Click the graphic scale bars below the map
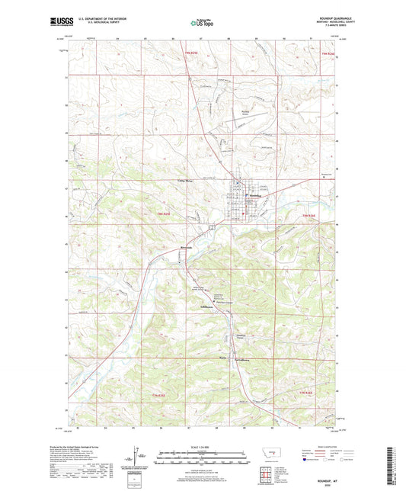pyautogui.click(x=202, y=459)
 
